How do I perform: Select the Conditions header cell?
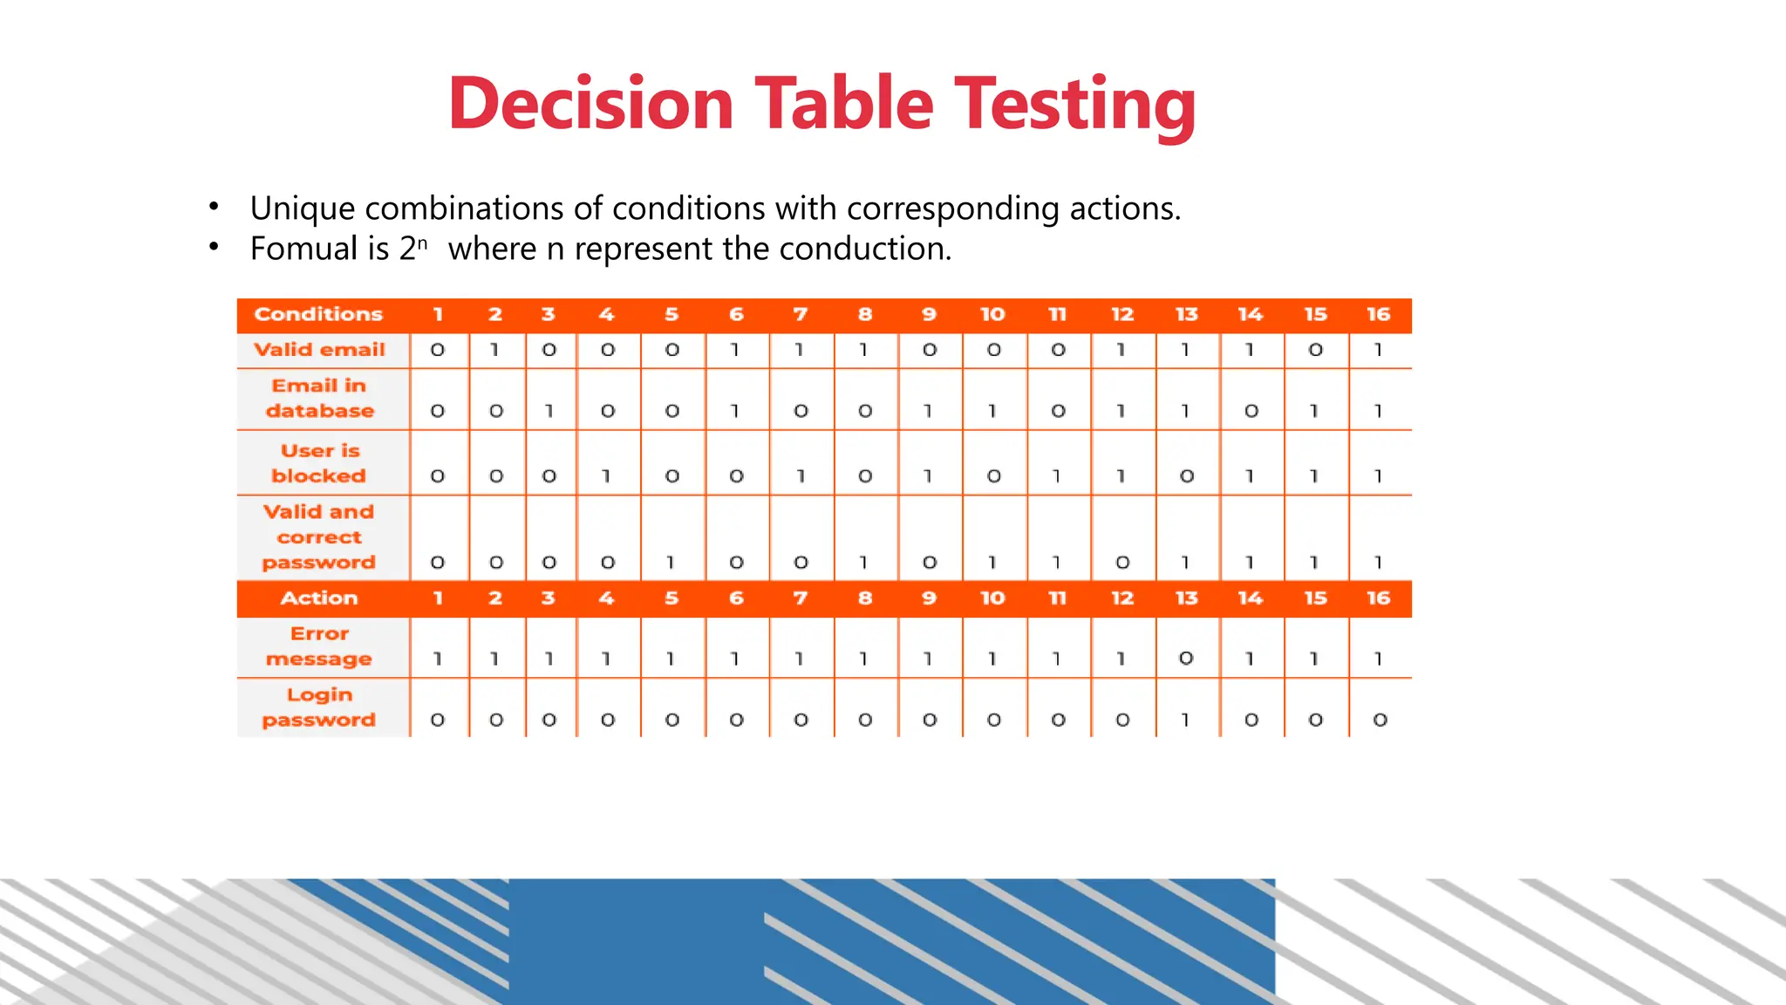(318, 314)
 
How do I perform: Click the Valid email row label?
(319, 350)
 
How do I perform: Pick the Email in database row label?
(319, 398)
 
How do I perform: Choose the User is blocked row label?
(319, 463)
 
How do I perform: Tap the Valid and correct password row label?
(319, 537)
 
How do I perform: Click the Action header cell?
(319, 598)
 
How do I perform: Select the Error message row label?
(319, 646)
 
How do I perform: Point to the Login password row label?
(319, 708)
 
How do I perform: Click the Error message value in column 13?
(1186, 659)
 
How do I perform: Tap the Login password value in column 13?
(1186, 720)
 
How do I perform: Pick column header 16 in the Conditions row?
(1378, 314)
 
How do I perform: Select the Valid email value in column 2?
(494, 350)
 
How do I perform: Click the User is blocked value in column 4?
(607, 476)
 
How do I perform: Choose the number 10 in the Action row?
(992, 598)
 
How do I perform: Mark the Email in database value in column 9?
(929, 411)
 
